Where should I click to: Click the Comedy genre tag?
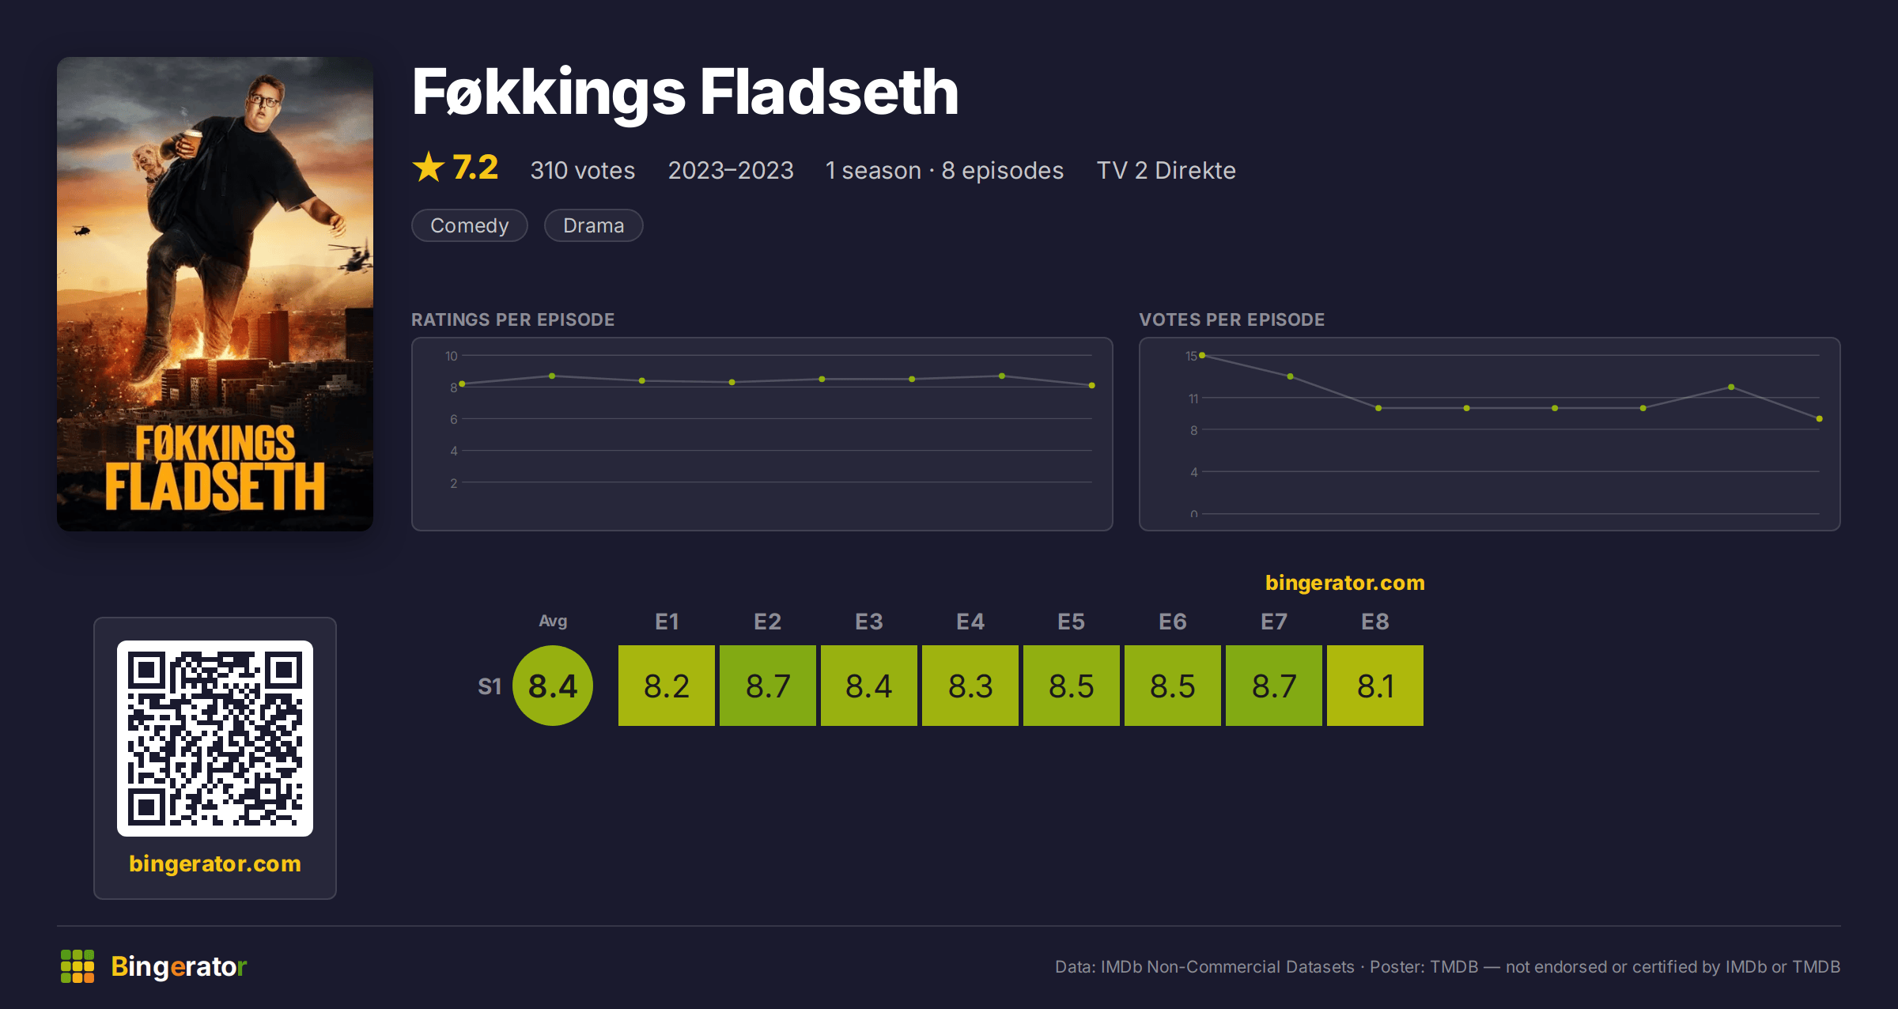(x=469, y=225)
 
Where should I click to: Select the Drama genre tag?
(x=593, y=225)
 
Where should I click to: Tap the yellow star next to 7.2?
(x=429, y=167)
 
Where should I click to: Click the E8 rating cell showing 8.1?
(x=1375, y=686)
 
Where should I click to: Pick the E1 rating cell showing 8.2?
(x=667, y=686)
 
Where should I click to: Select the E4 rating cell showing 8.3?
(x=970, y=686)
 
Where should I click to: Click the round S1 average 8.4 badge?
(x=553, y=686)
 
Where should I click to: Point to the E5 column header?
(x=1072, y=622)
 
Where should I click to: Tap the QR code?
(x=215, y=739)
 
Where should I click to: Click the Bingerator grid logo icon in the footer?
(x=78, y=966)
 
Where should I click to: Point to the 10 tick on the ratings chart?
(x=452, y=356)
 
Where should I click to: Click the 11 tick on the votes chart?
(x=1193, y=399)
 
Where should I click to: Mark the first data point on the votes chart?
(x=1202, y=356)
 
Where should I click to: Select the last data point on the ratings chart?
(x=1092, y=386)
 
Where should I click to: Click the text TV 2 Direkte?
(x=1166, y=170)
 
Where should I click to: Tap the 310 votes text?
(x=583, y=170)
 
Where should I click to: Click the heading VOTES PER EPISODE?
(x=1231, y=319)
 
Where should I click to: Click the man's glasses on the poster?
(x=263, y=100)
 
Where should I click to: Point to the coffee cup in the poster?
(x=191, y=143)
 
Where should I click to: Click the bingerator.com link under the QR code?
(x=215, y=864)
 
